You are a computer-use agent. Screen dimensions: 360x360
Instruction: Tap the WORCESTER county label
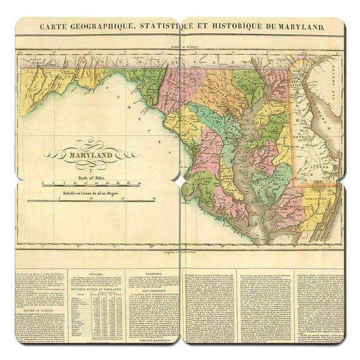[318, 202]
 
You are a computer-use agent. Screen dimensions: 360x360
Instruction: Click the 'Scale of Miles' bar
[82, 183]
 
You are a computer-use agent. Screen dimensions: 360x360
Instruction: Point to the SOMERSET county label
[284, 209]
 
